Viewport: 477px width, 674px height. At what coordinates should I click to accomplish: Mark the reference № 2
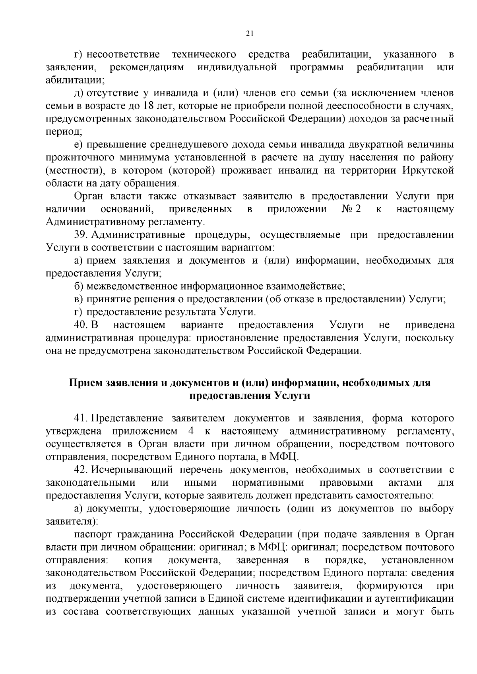click(351, 209)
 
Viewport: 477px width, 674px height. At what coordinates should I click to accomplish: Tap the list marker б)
click(78, 286)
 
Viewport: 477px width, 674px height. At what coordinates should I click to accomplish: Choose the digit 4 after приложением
click(189, 431)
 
